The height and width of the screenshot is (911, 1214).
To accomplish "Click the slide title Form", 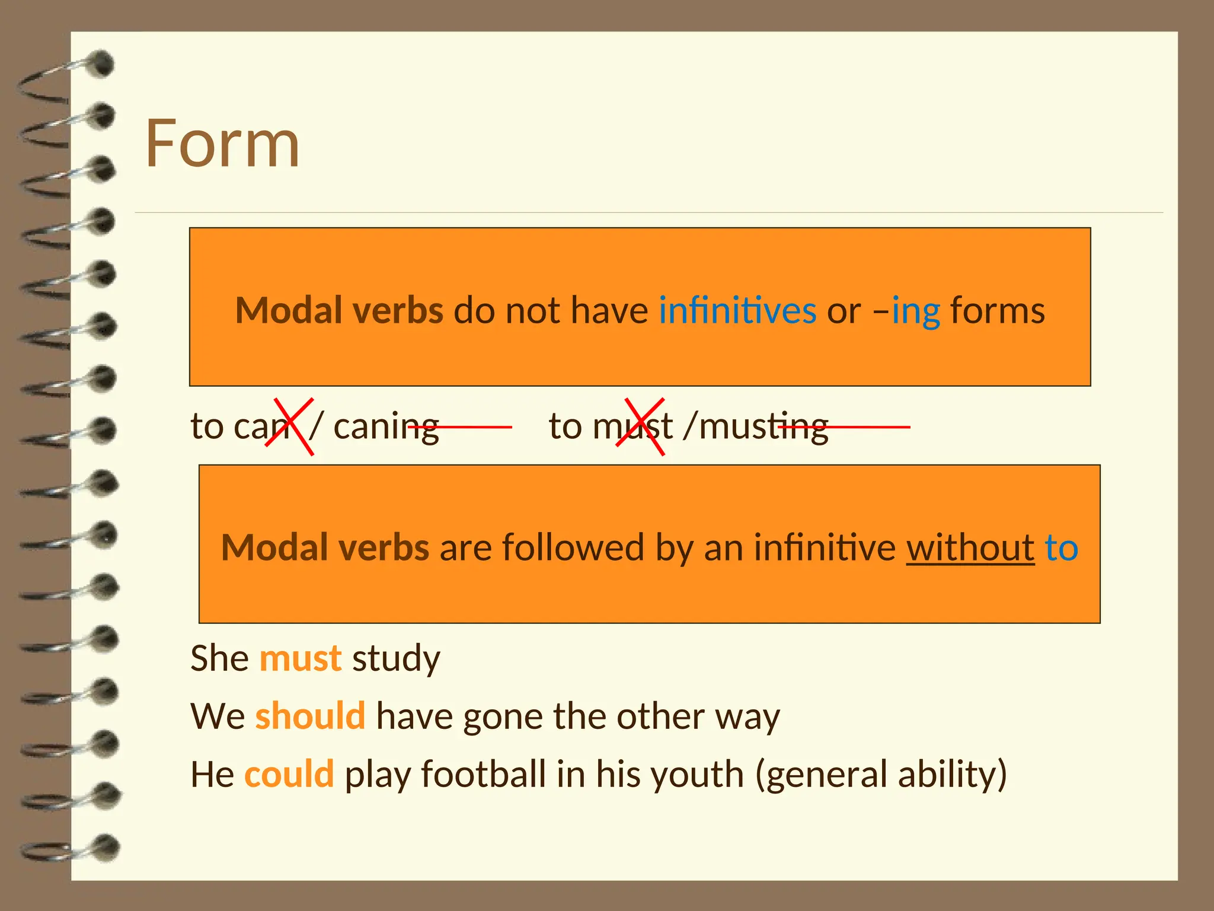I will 222,144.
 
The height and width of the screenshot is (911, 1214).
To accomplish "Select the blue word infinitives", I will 737,311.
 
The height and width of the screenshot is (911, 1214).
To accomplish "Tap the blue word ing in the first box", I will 916,311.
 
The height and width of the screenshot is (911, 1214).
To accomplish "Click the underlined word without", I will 970,547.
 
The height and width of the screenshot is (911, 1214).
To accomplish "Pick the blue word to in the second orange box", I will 1061,547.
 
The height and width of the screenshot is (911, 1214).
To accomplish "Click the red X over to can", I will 289,426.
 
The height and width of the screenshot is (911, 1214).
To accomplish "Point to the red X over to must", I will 640,426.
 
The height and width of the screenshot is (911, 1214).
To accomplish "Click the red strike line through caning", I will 460,426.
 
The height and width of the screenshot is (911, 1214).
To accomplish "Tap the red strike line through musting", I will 844,426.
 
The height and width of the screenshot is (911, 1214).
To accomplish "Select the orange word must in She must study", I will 301,658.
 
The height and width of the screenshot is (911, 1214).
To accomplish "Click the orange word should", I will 310,716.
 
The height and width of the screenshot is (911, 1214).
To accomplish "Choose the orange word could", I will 289,774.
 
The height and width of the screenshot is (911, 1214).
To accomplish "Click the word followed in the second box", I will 573,547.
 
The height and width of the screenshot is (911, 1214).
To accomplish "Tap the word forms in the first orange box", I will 998,311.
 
